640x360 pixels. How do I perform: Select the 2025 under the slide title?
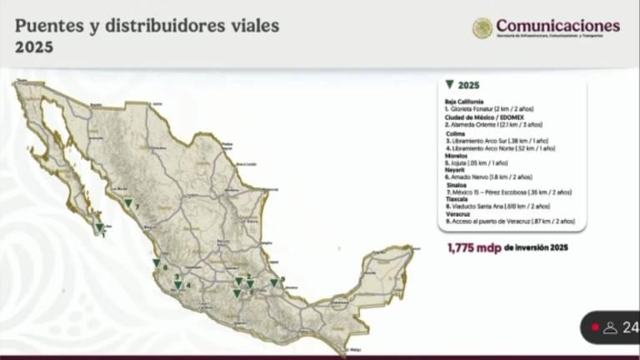(34, 47)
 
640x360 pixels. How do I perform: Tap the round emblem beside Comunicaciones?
(482, 27)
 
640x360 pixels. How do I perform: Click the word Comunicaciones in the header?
(557, 25)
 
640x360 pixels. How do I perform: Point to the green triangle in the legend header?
(450, 85)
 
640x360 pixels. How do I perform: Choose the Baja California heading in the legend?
(464, 101)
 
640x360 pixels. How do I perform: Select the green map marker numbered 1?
(99, 227)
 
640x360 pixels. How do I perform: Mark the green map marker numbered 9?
(273, 282)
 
